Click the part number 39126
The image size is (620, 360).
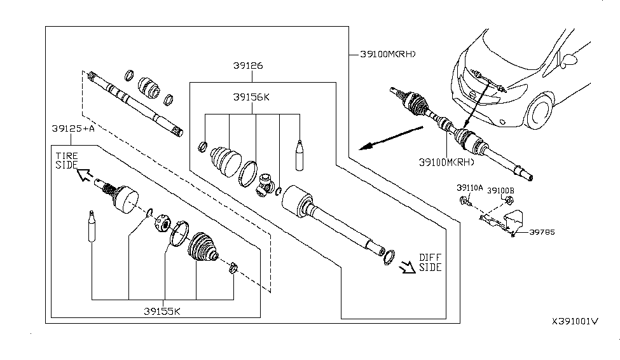click(x=248, y=66)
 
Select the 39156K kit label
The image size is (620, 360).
click(x=251, y=97)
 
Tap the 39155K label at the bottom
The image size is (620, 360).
click(x=162, y=312)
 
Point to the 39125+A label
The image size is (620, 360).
click(x=73, y=128)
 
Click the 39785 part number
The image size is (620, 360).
click(x=542, y=232)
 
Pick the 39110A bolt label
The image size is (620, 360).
click(x=470, y=188)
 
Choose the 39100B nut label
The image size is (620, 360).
click(x=500, y=191)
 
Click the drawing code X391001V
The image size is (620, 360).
click(x=575, y=321)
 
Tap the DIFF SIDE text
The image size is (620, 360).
click(x=431, y=263)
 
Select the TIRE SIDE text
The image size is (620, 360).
click(x=67, y=161)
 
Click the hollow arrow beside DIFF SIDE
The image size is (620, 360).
click(x=407, y=267)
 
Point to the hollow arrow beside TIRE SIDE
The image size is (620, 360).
click(x=85, y=174)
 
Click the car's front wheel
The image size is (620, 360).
click(x=539, y=111)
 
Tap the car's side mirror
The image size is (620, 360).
click(x=569, y=60)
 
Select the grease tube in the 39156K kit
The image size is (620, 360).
click(x=300, y=155)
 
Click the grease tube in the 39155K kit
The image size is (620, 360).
click(x=92, y=226)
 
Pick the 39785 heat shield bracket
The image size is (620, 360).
click(x=514, y=221)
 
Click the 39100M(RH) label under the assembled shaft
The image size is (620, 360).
click(x=446, y=162)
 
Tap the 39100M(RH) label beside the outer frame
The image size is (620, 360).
click(x=388, y=54)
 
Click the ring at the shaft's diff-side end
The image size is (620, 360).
click(x=389, y=258)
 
